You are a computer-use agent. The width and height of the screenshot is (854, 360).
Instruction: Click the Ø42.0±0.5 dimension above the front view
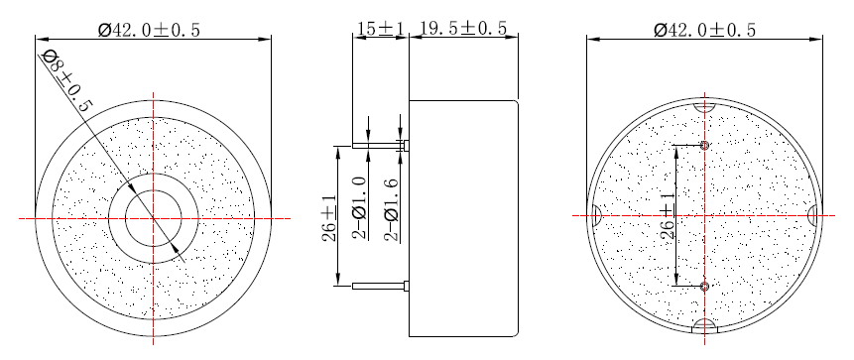pos(149,30)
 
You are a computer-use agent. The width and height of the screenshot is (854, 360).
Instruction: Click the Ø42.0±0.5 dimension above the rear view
pos(705,30)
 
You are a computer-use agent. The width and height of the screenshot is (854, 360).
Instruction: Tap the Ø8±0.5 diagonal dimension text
pos(67,80)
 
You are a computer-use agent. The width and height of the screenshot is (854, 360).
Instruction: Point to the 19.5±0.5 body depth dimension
pos(463,29)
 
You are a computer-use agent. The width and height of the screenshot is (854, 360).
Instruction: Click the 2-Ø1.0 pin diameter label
pos(361,208)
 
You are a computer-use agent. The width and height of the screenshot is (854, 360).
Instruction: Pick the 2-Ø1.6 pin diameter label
pos(392,208)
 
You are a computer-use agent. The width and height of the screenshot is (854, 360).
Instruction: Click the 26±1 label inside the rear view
pos(668,215)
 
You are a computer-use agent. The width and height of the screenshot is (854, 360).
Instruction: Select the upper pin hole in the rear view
pos(705,146)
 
